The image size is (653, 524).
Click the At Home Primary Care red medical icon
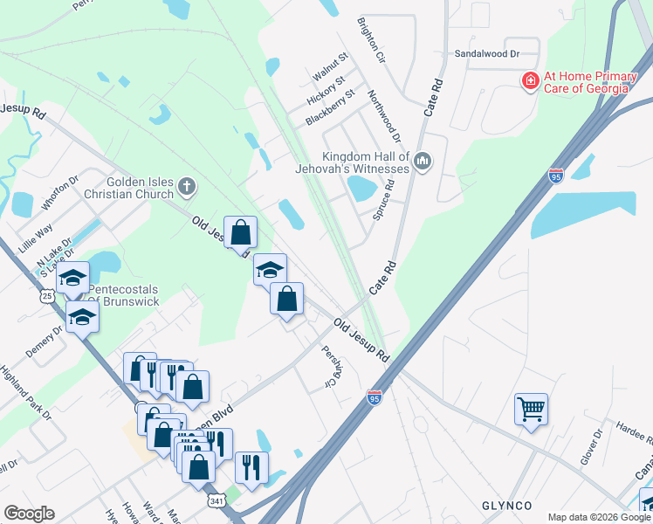click(x=529, y=82)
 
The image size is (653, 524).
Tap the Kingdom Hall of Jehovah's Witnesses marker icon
click(x=423, y=162)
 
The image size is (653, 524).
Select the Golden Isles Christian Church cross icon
click(x=186, y=185)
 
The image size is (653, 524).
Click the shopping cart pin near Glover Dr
click(x=531, y=409)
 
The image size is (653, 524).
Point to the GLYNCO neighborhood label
click(x=507, y=506)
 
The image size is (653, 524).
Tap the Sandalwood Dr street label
click(x=487, y=53)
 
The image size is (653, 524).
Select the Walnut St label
click(x=331, y=67)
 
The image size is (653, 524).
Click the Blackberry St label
click(x=332, y=107)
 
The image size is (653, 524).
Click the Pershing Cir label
click(x=329, y=367)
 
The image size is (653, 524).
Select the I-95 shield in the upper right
click(x=556, y=176)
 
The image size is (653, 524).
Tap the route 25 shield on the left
click(x=47, y=296)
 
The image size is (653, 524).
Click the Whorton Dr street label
click(x=59, y=194)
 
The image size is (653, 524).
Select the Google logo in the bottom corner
click(x=30, y=514)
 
